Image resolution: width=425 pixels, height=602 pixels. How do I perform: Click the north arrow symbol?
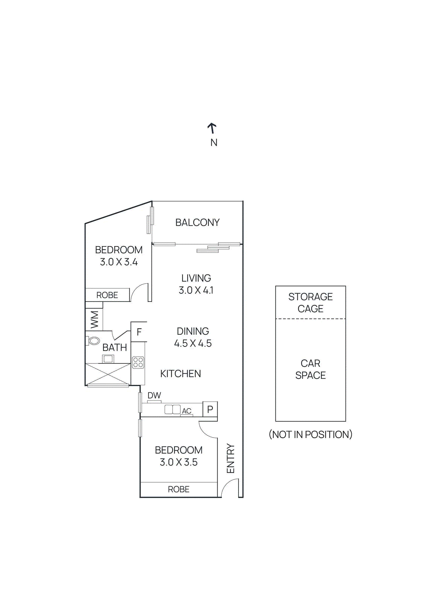click(212, 128)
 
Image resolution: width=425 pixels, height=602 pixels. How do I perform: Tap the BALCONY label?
click(197, 222)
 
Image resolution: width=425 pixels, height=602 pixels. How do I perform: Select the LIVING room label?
click(196, 278)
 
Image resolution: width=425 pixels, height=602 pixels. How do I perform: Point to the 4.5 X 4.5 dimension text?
click(193, 343)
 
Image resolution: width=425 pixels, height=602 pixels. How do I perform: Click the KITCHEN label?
click(180, 374)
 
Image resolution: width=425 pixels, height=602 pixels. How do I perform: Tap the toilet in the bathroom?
click(93, 341)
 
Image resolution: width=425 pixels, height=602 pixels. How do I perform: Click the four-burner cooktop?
click(138, 362)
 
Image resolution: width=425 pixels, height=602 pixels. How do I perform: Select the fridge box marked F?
click(139, 332)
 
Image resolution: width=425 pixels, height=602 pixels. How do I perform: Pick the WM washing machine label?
click(94, 319)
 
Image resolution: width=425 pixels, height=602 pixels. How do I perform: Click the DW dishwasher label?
click(154, 395)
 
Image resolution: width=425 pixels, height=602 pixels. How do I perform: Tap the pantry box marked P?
click(210, 409)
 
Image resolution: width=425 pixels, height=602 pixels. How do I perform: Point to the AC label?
click(187, 411)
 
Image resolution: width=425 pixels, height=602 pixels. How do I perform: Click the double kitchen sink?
click(172, 409)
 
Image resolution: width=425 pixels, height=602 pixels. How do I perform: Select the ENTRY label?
click(230, 458)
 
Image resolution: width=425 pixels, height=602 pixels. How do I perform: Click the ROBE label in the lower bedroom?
click(178, 489)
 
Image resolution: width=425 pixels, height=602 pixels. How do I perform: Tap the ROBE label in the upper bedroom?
click(107, 295)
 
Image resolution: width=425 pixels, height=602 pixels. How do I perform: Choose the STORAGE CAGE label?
click(310, 303)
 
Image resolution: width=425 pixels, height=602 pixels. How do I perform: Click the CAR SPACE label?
click(310, 369)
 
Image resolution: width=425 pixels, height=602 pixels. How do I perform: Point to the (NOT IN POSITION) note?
click(310, 435)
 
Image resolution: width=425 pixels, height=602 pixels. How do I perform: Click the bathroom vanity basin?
click(108, 359)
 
